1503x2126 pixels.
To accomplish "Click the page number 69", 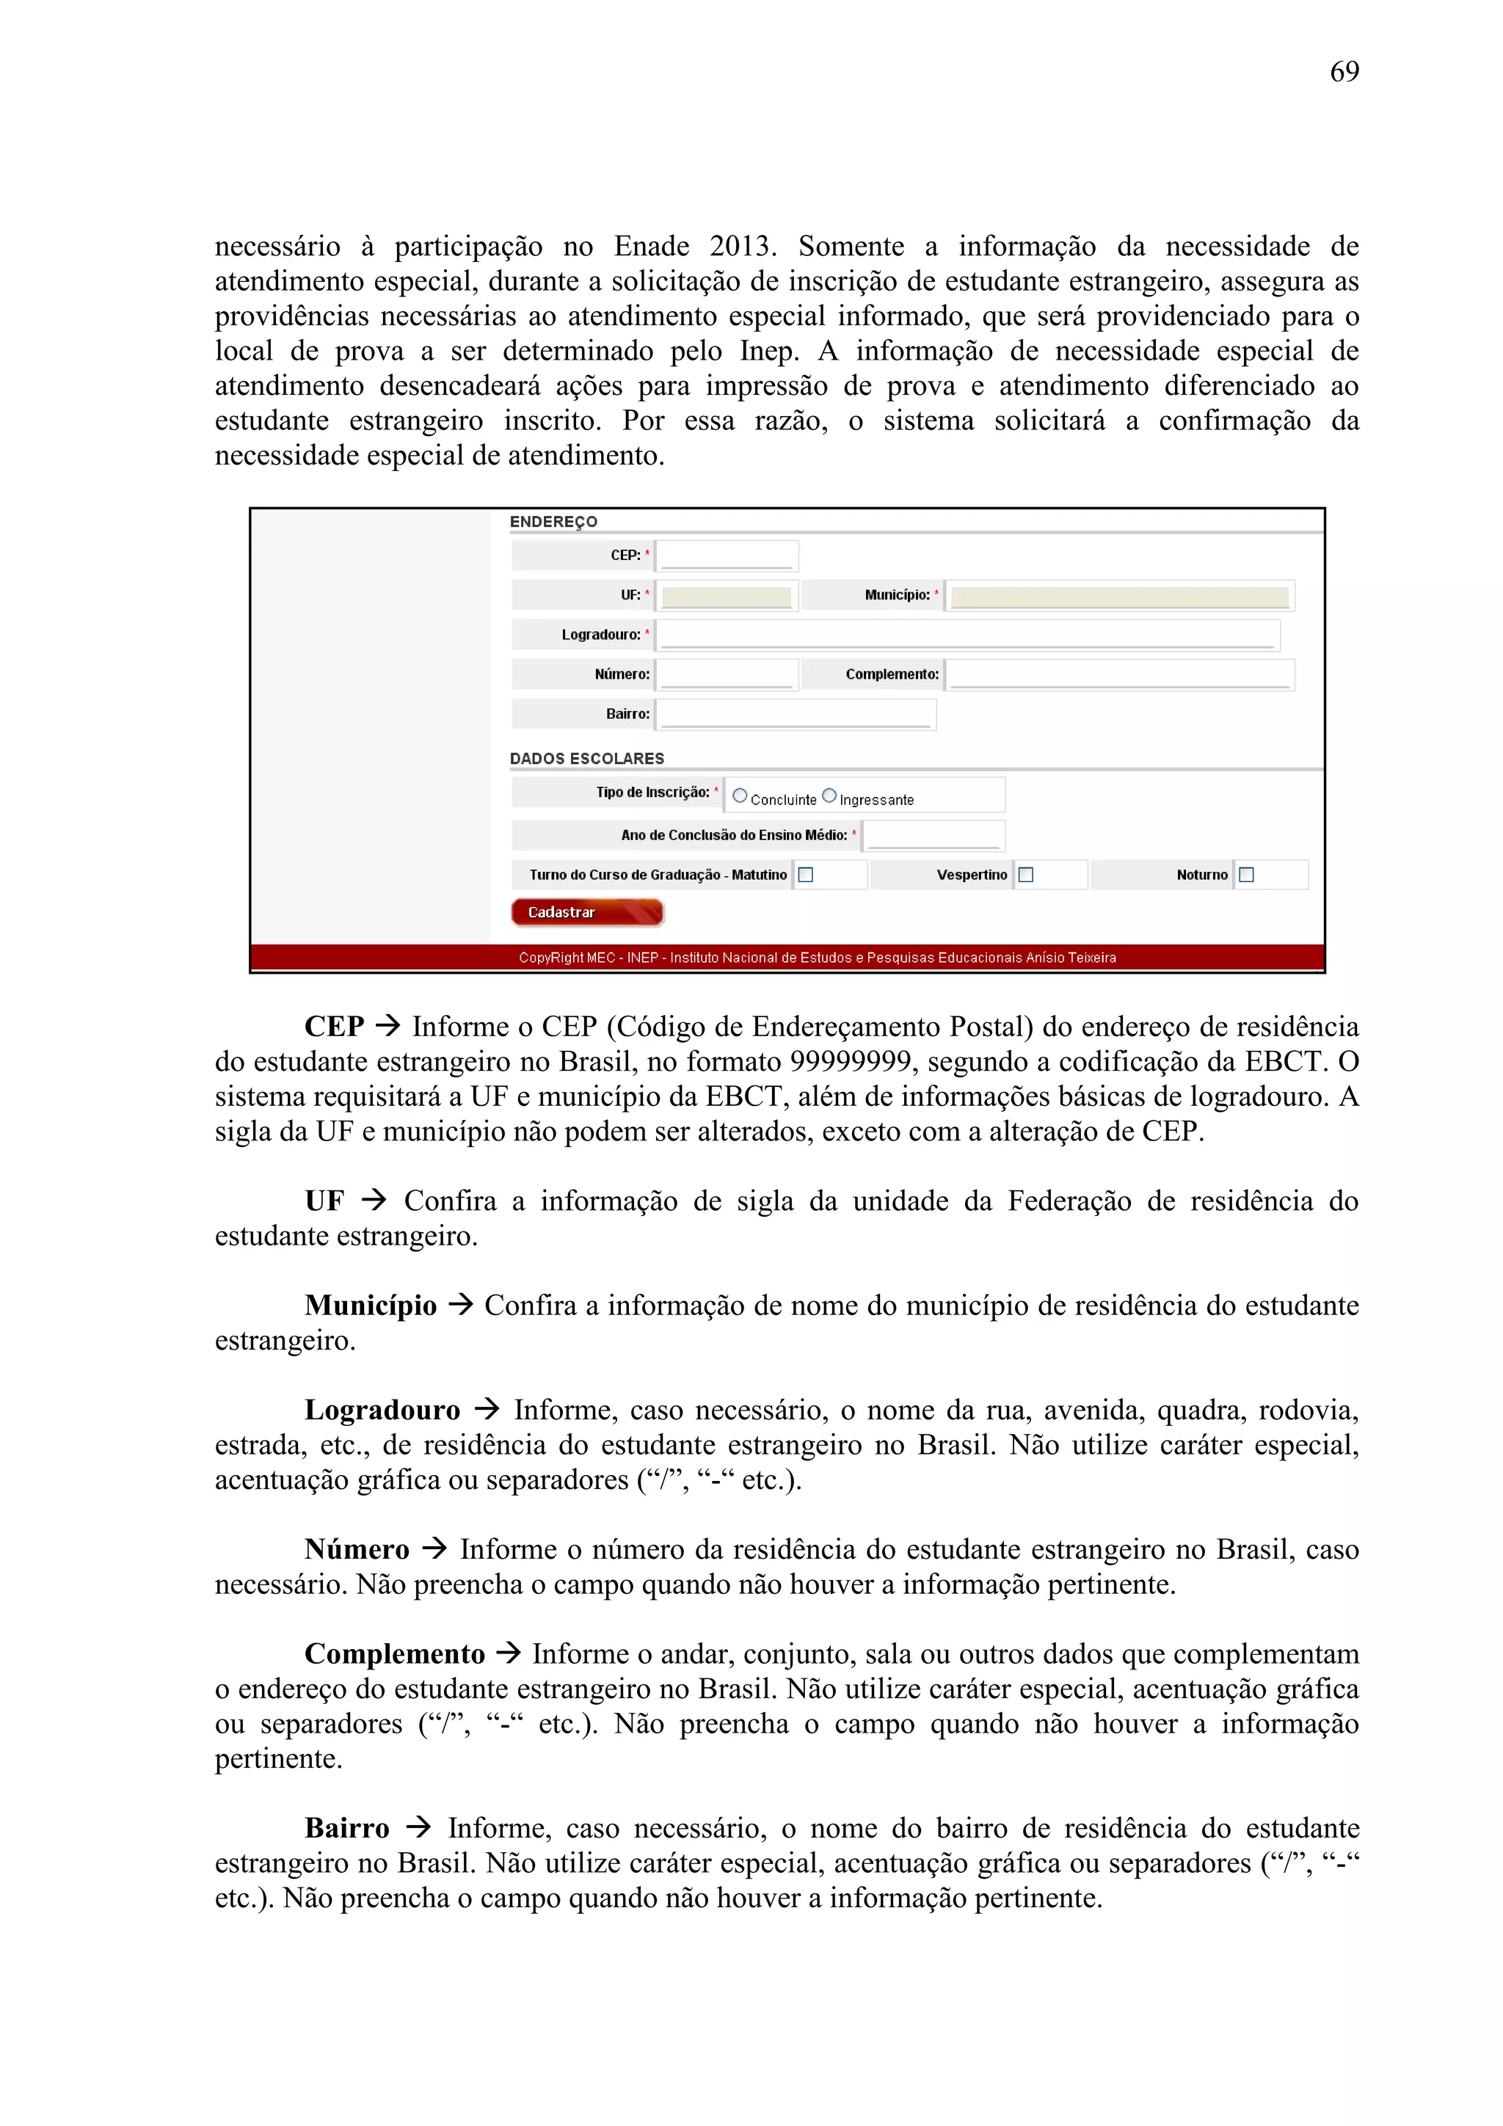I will pyautogui.click(x=1344, y=71).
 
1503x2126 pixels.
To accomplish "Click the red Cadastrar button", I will pyautogui.click(x=586, y=912).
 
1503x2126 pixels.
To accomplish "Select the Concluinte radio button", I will pyautogui.click(x=739, y=796).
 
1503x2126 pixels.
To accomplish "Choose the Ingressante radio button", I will pyautogui.click(x=829, y=796).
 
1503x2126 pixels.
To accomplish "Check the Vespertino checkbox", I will pyautogui.click(x=1025, y=874).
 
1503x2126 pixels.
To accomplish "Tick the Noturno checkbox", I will pyautogui.click(x=1245, y=874).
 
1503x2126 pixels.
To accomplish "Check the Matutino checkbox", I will pyautogui.click(x=806, y=874).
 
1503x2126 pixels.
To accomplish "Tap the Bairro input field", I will pyautogui.click(x=795, y=714).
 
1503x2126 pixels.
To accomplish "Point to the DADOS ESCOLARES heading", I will pyautogui.click(x=586, y=758).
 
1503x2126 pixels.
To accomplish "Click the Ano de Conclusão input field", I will pyautogui.click(x=933, y=835).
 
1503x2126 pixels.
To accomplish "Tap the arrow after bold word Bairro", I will pyautogui.click(x=418, y=1827).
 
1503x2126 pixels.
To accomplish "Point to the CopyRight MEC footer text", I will pyautogui.click(x=817, y=958).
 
